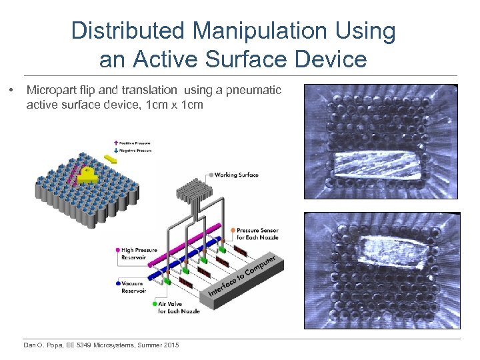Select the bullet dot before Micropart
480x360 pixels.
click(10, 89)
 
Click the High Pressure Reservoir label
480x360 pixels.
click(139, 254)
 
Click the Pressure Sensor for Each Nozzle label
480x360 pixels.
click(257, 234)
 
